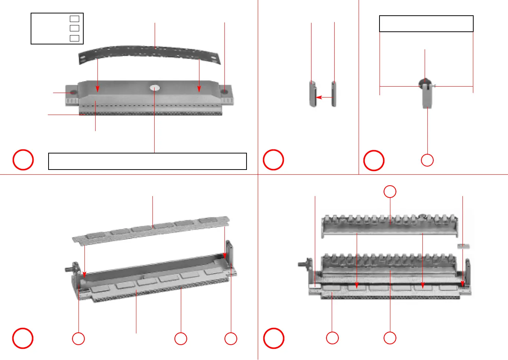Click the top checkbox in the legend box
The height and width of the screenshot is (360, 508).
(75, 19)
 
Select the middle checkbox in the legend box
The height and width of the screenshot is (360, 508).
(75, 28)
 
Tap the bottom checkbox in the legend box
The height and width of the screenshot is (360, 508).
(75, 38)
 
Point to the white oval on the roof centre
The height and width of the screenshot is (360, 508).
(155, 88)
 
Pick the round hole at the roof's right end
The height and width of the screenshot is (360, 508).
(224, 91)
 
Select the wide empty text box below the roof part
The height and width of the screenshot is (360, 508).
(148, 161)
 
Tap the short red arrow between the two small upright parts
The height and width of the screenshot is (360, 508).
(324, 97)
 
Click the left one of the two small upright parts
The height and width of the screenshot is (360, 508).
(313, 94)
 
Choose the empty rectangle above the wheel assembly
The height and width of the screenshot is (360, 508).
(426, 24)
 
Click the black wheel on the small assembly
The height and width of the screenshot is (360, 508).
(425, 82)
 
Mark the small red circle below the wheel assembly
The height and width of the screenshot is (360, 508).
(427, 160)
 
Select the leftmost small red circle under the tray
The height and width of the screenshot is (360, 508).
(78, 339)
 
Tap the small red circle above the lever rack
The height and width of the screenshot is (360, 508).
(390, 192)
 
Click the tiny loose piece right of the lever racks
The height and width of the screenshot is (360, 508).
(464, 246)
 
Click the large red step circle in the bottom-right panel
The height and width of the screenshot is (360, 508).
(274, 338)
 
